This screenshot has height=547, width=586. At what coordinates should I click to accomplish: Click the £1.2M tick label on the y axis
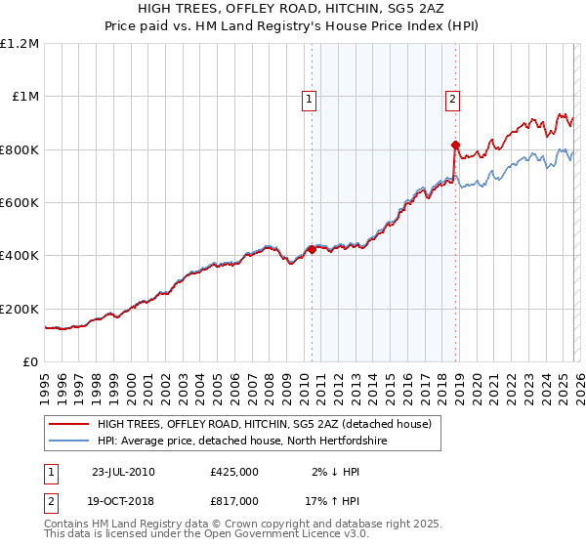[x=20, y=44]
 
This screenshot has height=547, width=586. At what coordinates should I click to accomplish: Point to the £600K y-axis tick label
[x=20, y=203]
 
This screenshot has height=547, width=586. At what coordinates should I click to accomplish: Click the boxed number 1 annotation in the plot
[x=310, y=98]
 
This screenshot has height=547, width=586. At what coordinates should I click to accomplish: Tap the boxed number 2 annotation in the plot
[x=454, y=98]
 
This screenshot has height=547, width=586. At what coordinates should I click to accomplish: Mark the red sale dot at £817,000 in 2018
[x=455, y=146]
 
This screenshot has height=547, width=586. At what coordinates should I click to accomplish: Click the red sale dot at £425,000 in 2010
[x=312, y=249]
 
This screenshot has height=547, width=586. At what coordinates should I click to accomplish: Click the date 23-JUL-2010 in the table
[x=123, y=472]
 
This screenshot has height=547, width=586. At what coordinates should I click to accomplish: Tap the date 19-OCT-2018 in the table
[x=123, y=500]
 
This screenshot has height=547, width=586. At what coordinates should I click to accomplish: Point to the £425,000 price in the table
[x=234, y=472]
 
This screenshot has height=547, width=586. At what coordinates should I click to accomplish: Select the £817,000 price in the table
[x=234, y=500]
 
